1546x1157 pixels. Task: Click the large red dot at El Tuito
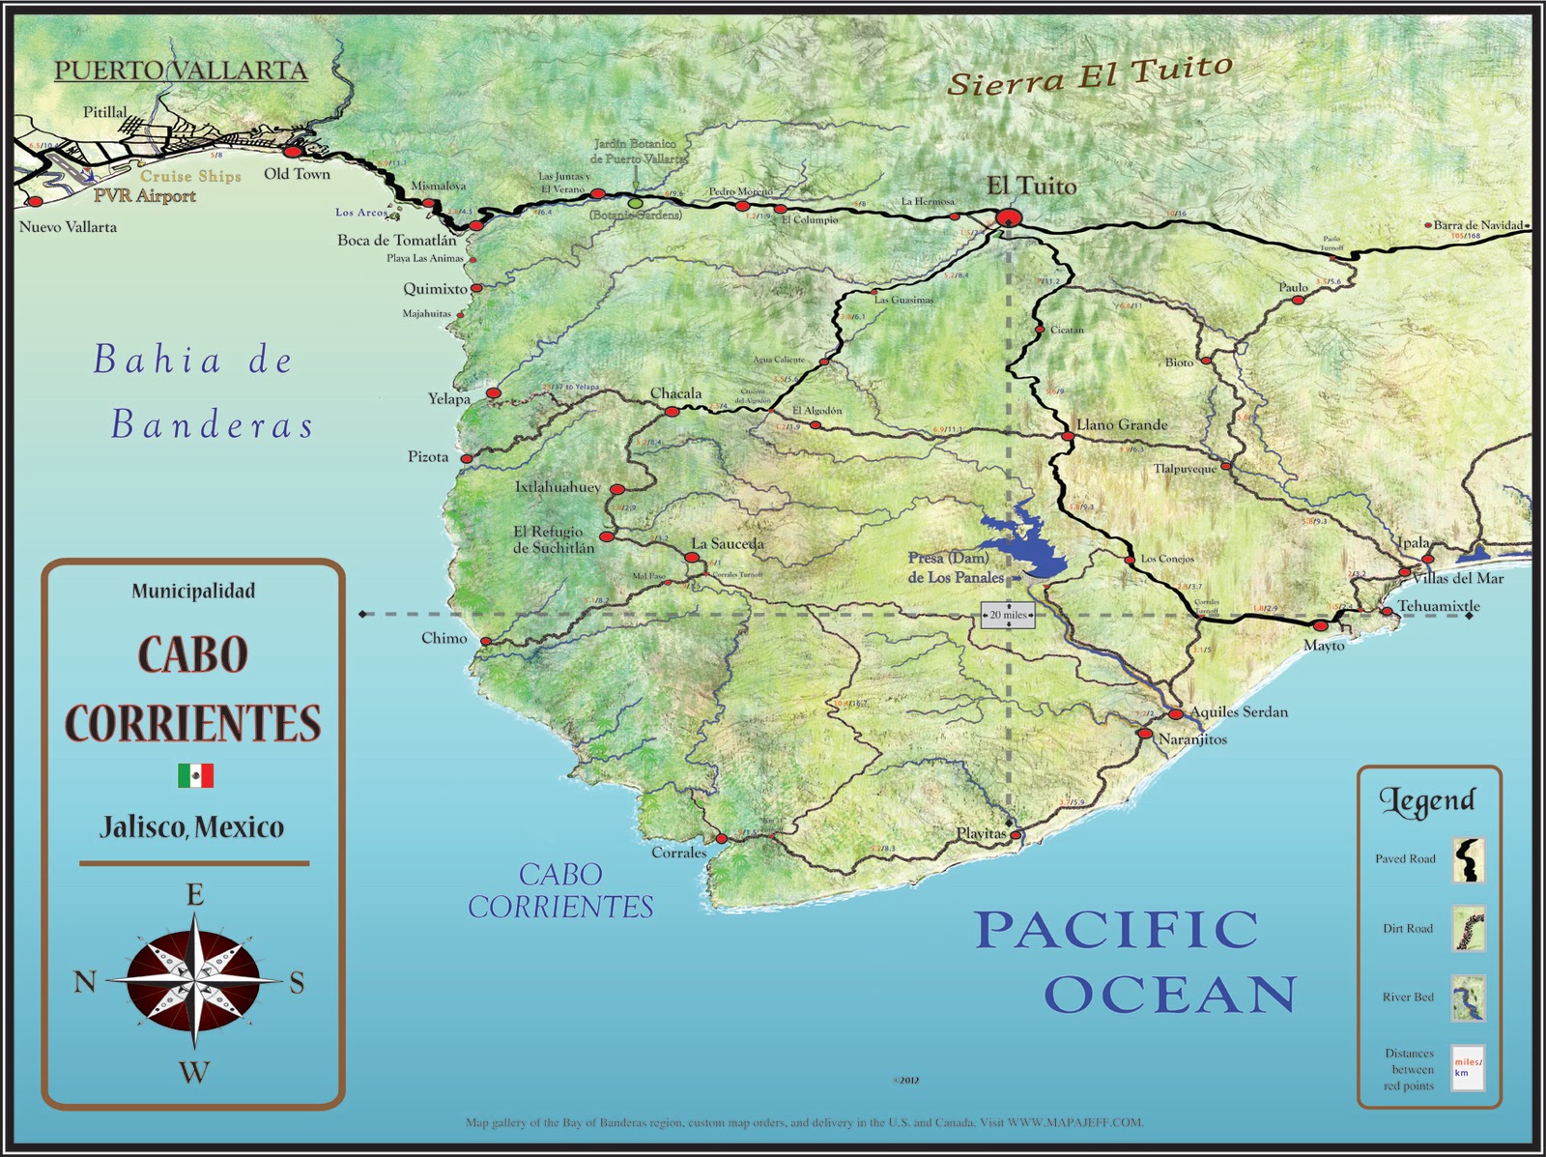1008,217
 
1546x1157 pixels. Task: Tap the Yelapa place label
449,398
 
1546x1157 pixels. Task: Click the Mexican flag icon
195,775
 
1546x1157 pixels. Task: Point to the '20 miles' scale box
1008,615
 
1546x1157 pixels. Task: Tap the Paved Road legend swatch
1468,859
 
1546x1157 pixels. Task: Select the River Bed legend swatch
1468,998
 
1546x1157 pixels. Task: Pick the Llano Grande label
1122,424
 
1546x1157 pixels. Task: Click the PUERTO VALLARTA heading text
181,71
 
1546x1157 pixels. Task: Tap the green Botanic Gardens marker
635,203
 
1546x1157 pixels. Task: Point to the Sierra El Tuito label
1089,75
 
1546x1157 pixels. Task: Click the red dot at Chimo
486,641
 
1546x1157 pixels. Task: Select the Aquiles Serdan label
1239,711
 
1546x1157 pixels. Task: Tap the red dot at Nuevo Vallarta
35,202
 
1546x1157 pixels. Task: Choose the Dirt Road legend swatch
1468,929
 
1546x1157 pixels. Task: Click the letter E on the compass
194,895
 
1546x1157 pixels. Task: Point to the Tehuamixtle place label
1438,606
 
